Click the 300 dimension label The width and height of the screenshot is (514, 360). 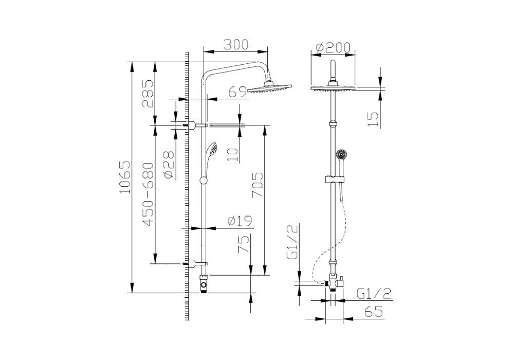click(x=236, y=45)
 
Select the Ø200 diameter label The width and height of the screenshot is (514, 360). click(x=333, y=47)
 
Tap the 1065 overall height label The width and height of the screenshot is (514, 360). click(x=125, y=177)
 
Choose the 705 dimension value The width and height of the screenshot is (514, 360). click(x=258, y=185)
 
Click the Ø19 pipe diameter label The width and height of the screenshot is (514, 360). click(x=240, y=221)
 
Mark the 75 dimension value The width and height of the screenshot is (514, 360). click(x=244, y=244)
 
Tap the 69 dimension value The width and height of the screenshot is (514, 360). click(x=237, y=92)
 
